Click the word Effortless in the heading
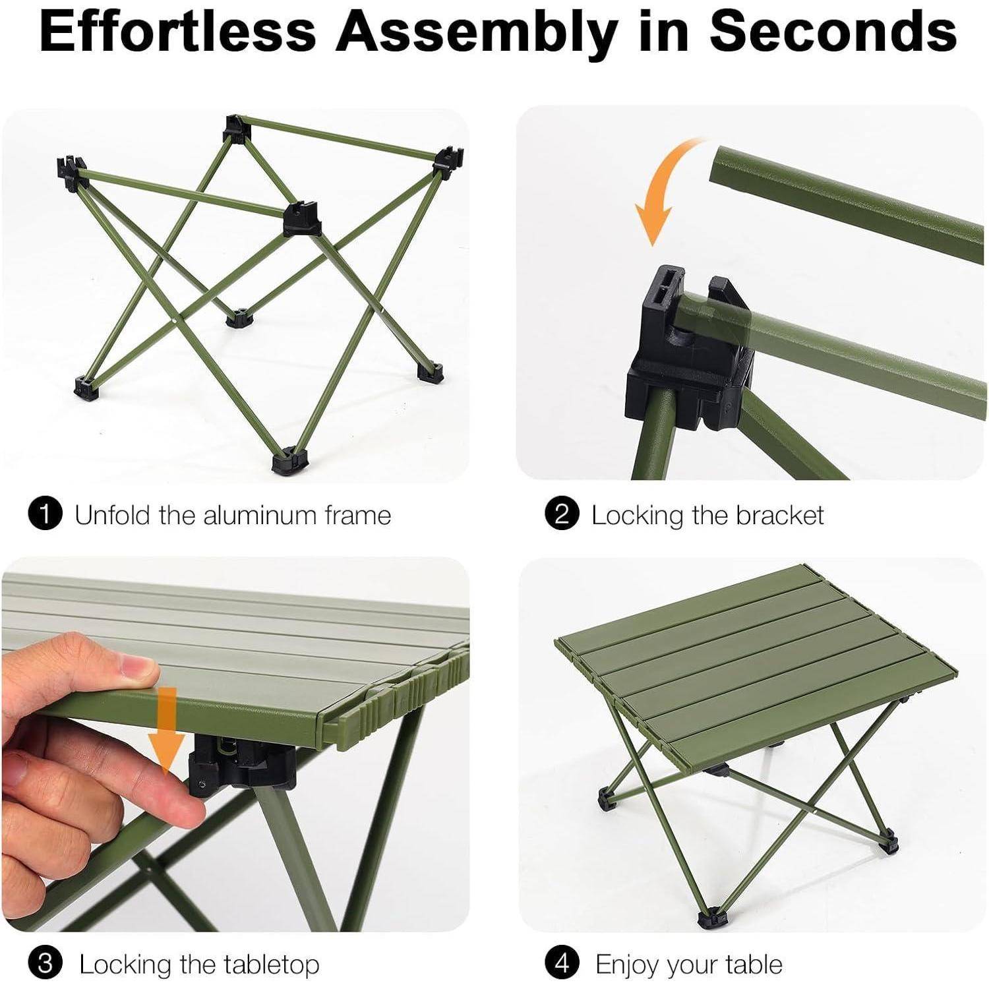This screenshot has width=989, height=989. (178, 31)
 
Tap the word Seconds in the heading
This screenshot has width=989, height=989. (833, 31)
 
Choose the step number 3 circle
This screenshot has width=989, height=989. (45, 964)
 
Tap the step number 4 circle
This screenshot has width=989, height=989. (562, 964)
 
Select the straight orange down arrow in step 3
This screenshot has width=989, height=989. (165, 729)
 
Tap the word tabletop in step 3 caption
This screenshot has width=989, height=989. (265, 965)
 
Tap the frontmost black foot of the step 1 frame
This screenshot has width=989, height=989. (288, 461)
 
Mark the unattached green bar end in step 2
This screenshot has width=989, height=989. (719, 165)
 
